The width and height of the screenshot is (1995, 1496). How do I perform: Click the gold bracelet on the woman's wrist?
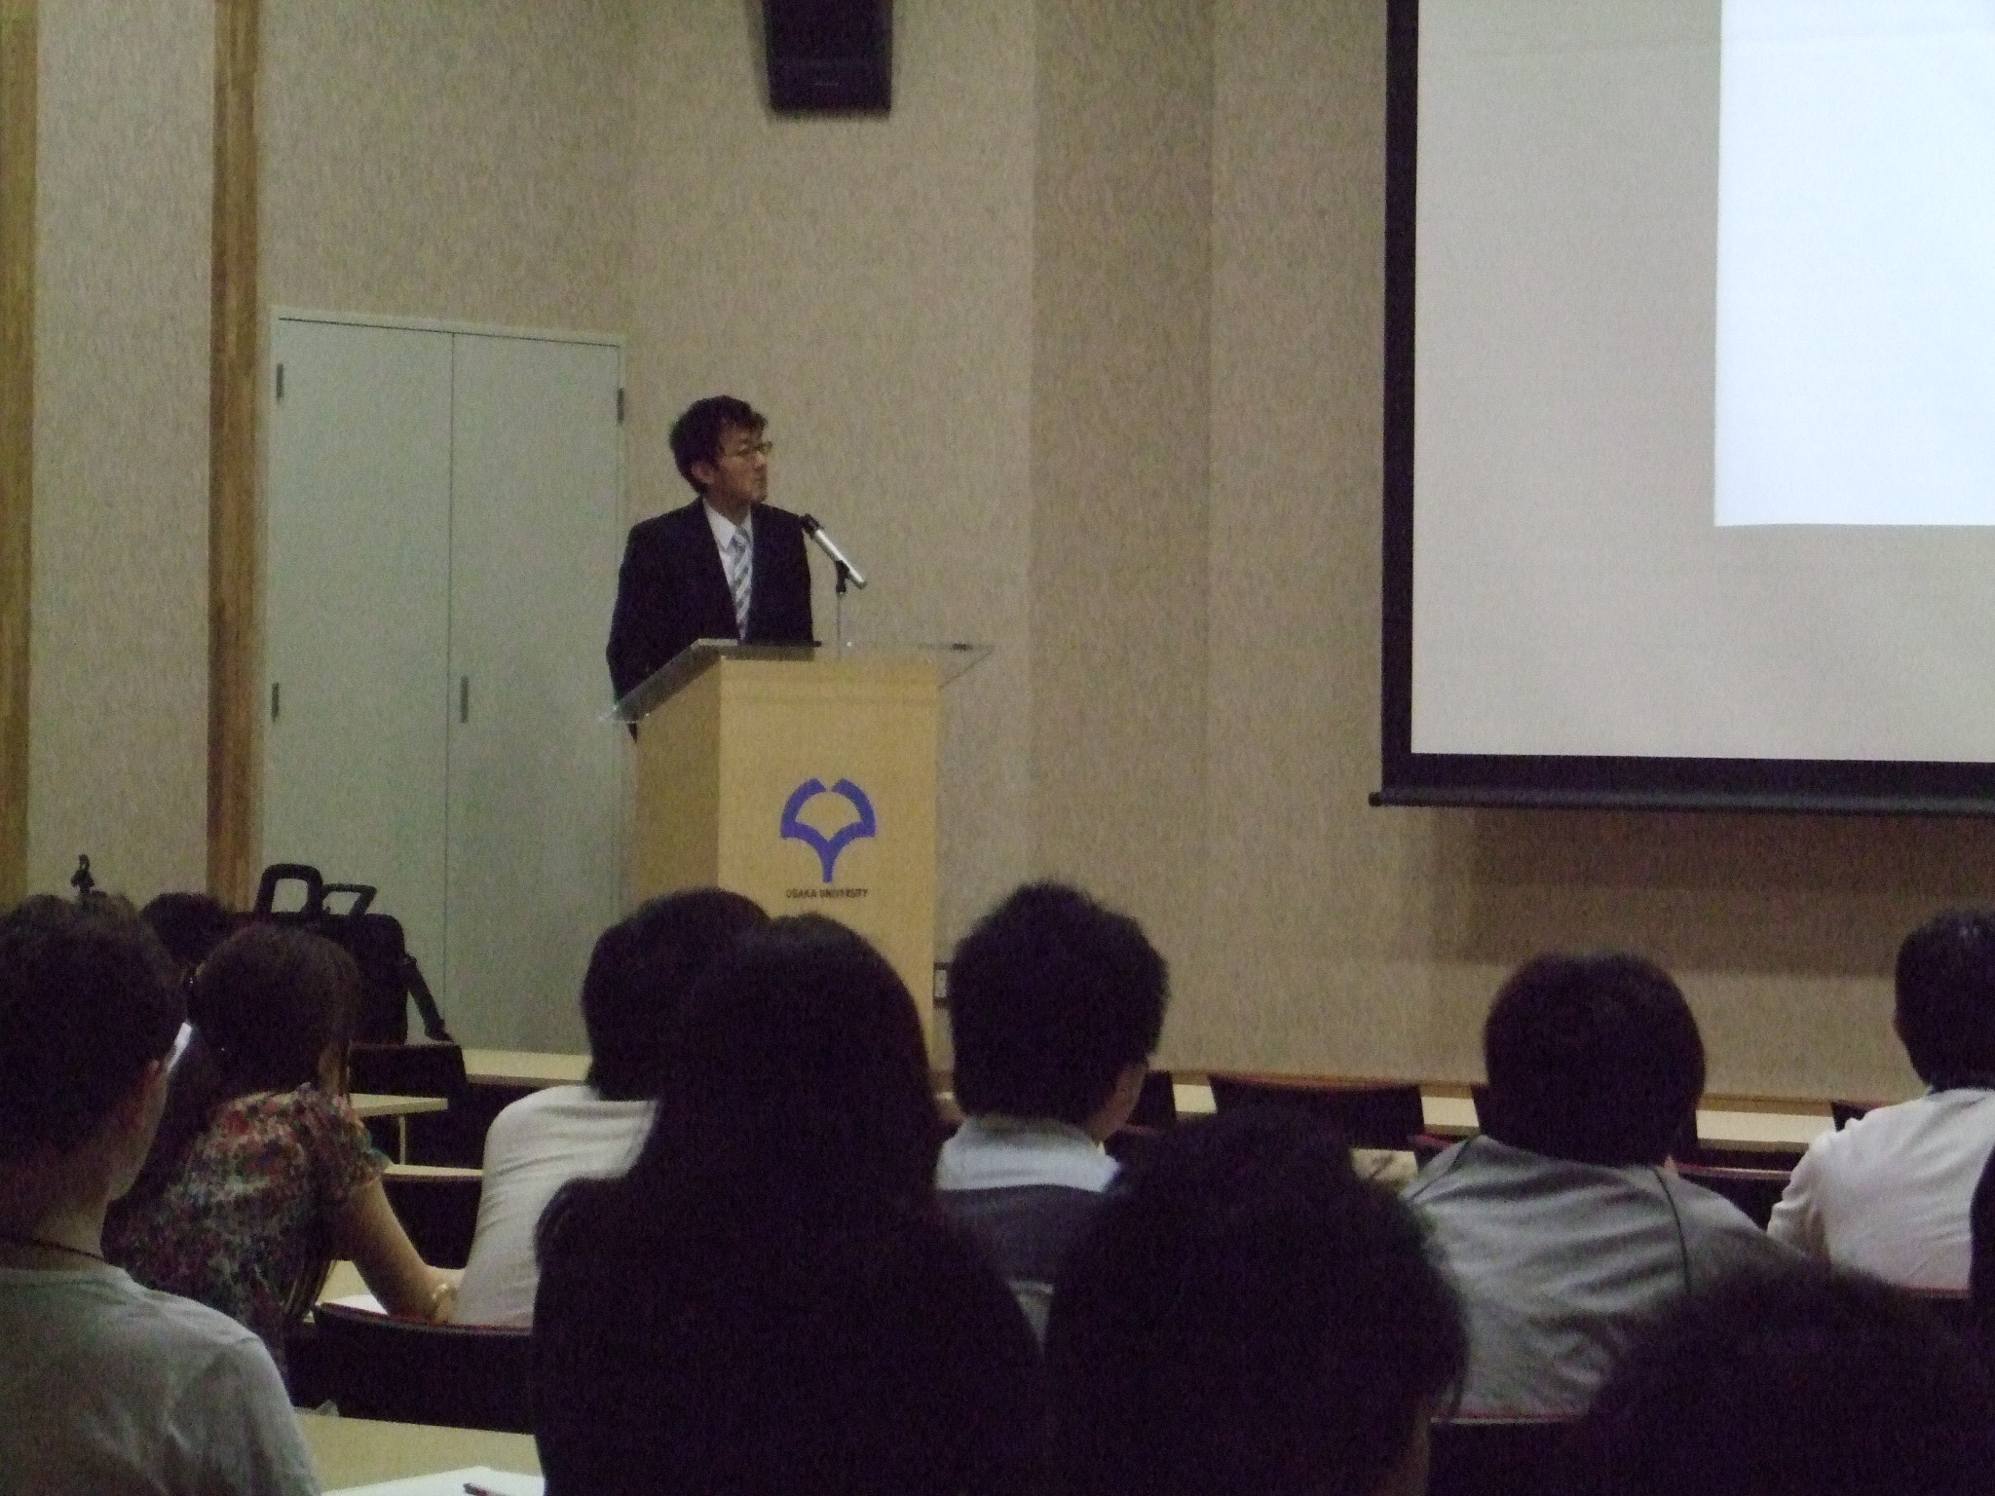click(x=442, y=1295)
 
